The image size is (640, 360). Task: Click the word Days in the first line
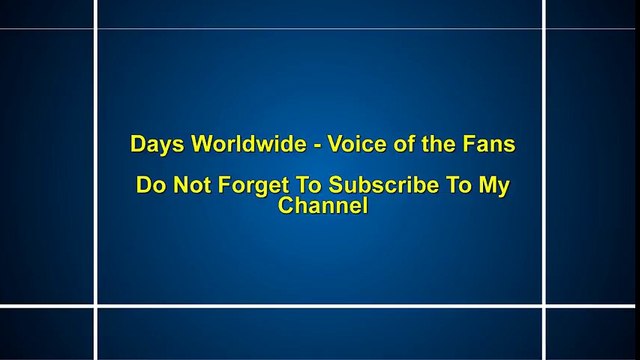[x=153, y=144]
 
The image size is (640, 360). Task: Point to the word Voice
[x=353, y=144]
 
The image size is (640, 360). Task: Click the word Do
[x=148, y=187]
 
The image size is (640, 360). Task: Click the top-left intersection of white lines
[x=96, y=29]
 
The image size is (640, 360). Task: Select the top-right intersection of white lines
[x=545, y=29]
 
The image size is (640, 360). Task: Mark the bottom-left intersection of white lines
[x=96, y=304]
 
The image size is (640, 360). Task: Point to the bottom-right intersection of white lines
[x=545, y=304]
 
